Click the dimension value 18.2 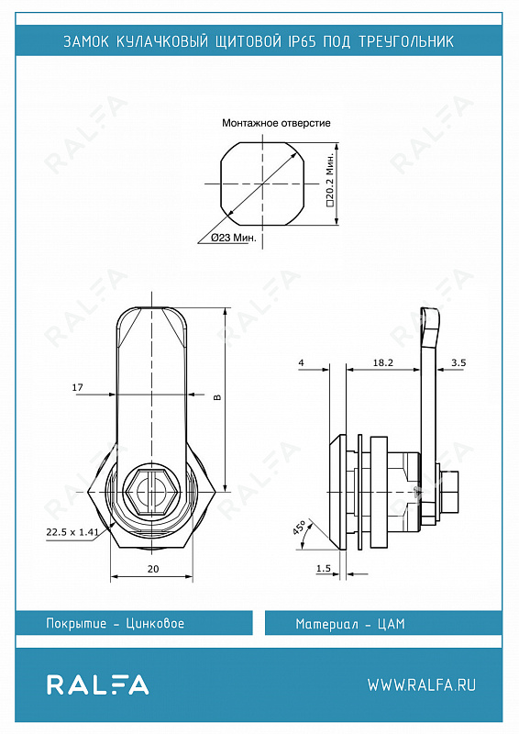tap(382, 362)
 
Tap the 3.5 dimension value tap(458, 362)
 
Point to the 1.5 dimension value tap(324, 568)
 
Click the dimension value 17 tap(77, 387)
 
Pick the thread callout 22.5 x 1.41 tap(72, 532)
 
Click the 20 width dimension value tap(153, 569)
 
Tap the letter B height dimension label tap(216, 397)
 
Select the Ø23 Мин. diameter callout tap(234, 238)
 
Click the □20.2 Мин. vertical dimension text tap(330, 179)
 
